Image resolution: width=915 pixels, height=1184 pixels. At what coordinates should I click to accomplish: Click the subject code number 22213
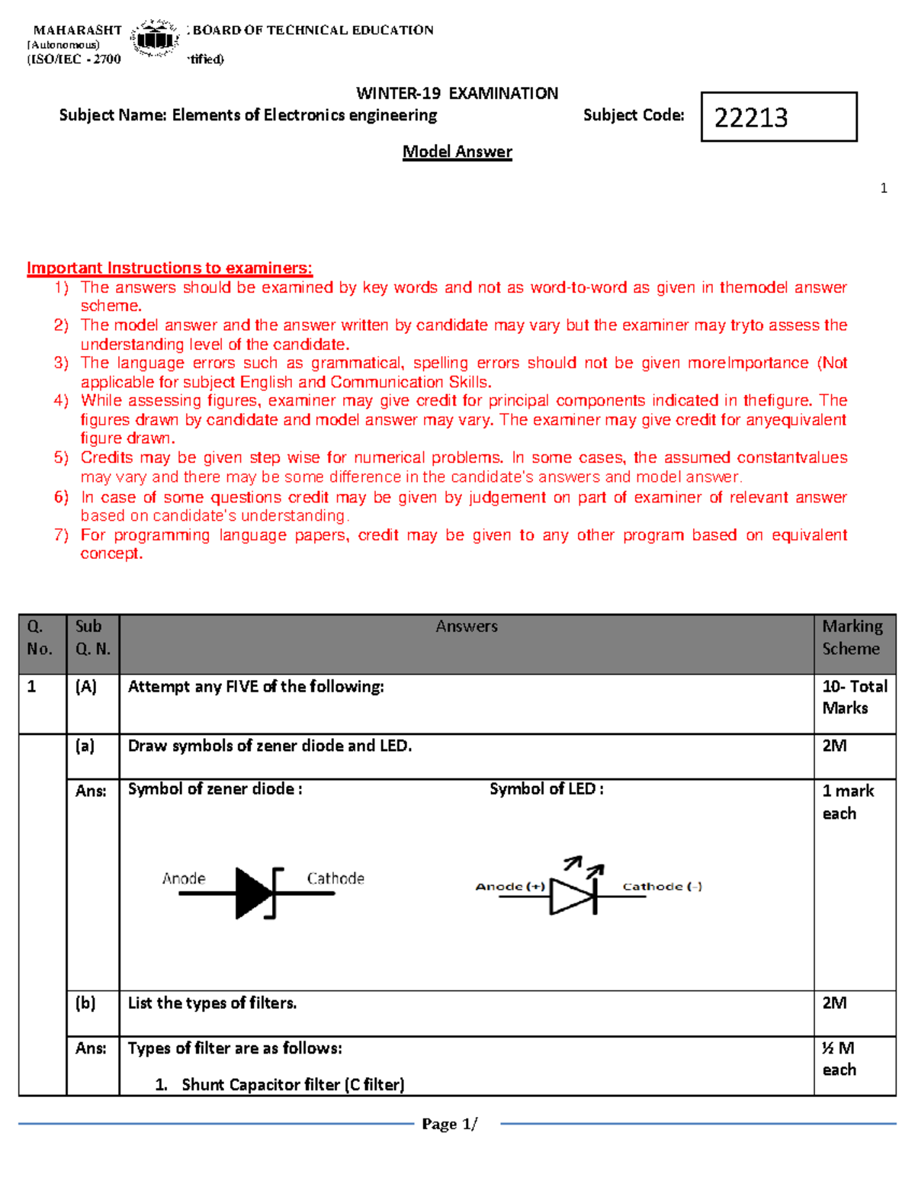[x=751, y=117]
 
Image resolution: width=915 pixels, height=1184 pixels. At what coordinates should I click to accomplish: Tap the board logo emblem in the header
[x=155, y=38]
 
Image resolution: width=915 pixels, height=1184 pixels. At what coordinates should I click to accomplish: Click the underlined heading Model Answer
[x=457, y=152]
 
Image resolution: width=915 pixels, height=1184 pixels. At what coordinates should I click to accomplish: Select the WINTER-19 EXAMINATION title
[x=457, y=94]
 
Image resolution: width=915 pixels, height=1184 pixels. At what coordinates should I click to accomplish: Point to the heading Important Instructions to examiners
[x=169, y=268]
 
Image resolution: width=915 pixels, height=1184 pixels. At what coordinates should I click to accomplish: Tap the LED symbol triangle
[x=572, y=896]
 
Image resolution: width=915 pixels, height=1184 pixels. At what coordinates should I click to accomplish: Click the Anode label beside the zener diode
[x=184, y=878]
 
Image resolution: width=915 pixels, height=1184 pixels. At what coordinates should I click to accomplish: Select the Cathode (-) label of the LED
[x=662, y=886]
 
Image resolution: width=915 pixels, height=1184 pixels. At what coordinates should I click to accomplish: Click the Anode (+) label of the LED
[x=510, y=886]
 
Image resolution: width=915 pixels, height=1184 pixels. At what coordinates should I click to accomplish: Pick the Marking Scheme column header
[x=852, y=637]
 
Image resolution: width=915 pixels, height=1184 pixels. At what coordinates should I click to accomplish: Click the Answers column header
[x=467, y=627]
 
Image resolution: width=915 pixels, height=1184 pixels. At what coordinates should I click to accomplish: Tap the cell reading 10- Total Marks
[x=854, y=697]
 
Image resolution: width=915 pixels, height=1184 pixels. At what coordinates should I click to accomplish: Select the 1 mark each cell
[x=847, y=802]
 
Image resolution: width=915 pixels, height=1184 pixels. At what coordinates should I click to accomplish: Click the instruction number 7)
[x=62, y=534]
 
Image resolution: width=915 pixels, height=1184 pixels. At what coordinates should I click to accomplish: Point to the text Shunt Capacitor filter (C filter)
[x=293, y=1084]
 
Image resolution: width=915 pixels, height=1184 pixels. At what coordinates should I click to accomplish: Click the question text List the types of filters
[x=212, y=1003]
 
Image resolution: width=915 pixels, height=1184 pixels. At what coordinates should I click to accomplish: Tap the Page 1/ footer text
[x=449, y=1124]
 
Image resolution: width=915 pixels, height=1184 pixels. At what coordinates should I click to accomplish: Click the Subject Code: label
[x=634, y=115]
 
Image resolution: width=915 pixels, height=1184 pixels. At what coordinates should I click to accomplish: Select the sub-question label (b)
[x=85, y=1003]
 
